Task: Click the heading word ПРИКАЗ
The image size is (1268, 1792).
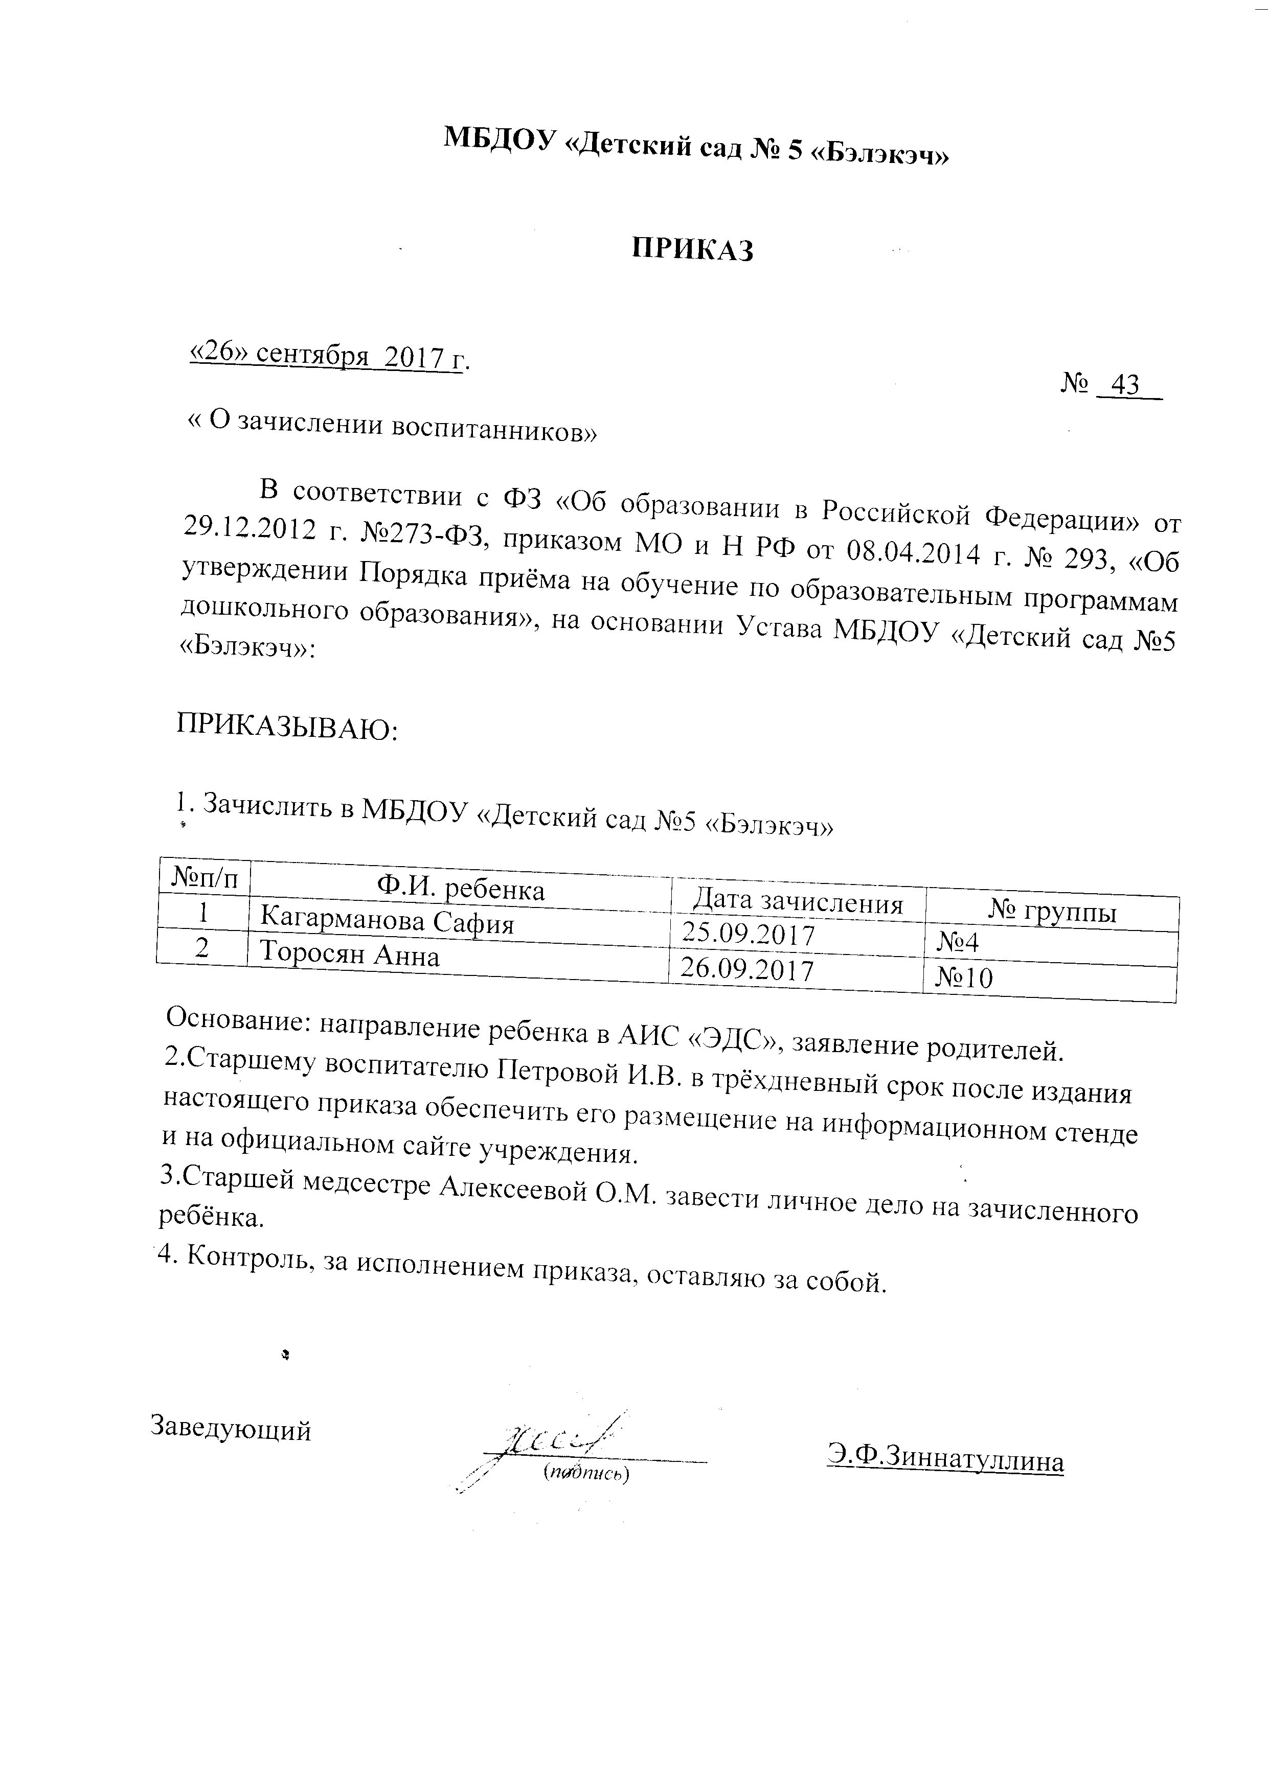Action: [x=693, y=250]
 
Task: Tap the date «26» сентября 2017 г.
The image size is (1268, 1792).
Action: [x=329, y=356]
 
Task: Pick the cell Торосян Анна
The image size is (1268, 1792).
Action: [x=349, y=955]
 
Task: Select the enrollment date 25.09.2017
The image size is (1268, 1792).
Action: [x=748, y=934]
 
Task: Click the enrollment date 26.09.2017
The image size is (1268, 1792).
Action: [x=747, y=969]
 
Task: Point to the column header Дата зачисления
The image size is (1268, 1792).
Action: [x=798, y=903]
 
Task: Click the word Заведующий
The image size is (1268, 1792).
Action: [x=230, y=1428]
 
